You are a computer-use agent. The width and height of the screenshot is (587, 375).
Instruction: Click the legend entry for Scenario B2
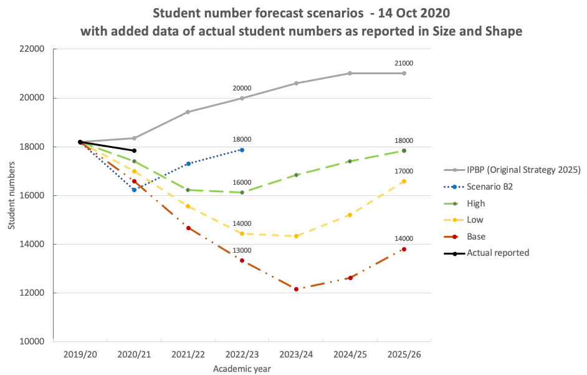point(489,187)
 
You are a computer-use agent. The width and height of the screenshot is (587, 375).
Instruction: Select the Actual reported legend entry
point(498,253)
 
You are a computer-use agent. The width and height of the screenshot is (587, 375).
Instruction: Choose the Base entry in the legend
point(476,236)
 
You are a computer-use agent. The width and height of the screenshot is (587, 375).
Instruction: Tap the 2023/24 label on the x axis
point(296,354)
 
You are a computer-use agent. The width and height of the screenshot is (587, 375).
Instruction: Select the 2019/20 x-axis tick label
point(80,354)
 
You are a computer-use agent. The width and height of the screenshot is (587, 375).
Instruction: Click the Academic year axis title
point(242,368)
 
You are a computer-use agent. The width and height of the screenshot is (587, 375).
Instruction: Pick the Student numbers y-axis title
point(12,195)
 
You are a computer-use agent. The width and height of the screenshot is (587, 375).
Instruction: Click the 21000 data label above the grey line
point(404,64)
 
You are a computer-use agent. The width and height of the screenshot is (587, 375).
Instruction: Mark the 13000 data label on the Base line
point(242,251)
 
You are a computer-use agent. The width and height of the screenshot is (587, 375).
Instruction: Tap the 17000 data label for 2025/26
point(404,171)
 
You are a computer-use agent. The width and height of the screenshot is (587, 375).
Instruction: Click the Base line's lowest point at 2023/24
point(296,289)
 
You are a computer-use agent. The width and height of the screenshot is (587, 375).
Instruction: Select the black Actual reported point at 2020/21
point(134,150)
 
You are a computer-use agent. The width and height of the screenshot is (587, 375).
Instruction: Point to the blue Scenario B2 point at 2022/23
point(242,150)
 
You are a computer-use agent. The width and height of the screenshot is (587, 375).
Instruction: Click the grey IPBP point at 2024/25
point(350,73)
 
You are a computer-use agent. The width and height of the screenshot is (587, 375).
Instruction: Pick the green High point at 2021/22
point(188,190)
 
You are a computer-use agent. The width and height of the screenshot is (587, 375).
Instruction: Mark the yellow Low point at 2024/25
point(350,215)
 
